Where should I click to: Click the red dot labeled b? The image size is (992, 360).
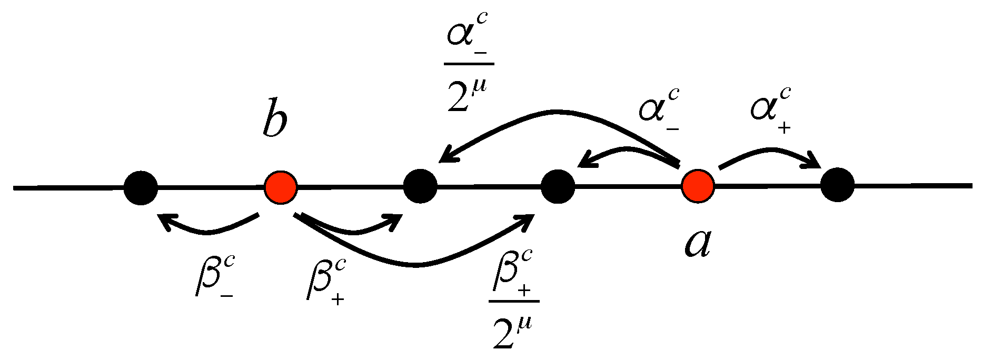pos(281,187)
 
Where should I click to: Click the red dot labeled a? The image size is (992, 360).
pos(698,186)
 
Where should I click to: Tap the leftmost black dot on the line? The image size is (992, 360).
pos(141,187)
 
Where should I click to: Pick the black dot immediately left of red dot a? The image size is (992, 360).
pos(558,186)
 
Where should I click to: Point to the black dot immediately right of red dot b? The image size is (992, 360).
pos(420,186)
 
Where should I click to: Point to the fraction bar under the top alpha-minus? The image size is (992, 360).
pos(469,64)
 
